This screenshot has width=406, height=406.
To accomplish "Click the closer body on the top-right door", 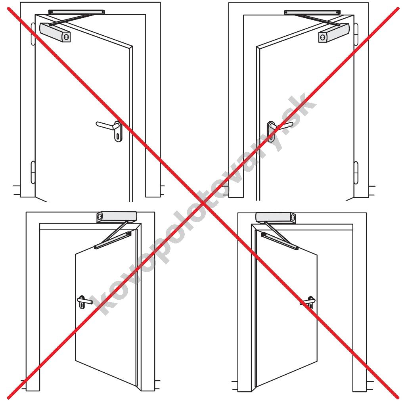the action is click(334, 32).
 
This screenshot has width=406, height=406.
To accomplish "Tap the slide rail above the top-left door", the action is click(77, 12).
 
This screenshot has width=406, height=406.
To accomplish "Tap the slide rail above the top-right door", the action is click(312, 12).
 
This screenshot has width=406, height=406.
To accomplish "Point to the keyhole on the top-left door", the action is click(118, 136).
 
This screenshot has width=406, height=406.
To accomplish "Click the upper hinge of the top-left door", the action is click(33, 34).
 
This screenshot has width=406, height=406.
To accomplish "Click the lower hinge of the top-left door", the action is click(33, 172).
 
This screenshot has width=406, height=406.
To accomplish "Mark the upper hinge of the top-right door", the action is click(356, 34).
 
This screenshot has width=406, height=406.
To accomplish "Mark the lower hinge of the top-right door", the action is click(356, 173).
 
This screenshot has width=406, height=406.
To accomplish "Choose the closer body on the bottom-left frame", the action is click(117, 217).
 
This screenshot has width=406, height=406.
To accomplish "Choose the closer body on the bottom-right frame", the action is click(276, 217).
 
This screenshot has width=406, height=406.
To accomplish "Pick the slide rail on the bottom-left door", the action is click(113, 240).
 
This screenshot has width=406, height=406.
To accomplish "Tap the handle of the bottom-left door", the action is click(83, 301).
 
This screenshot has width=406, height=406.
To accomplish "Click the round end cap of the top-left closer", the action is click(67, 37).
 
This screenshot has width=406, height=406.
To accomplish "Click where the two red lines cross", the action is click(203, 204).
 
